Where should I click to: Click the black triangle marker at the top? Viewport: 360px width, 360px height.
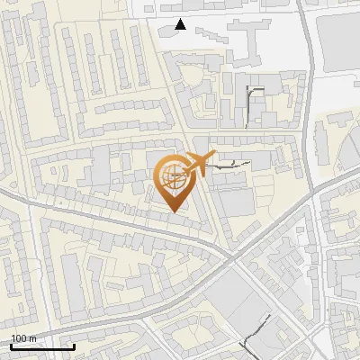click(x=181, y=24)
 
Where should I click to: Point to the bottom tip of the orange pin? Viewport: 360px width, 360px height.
click(x=173, y=211)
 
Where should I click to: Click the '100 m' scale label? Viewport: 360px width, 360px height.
click(x=24, y=338)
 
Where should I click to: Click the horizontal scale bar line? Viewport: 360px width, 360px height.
click(x=42, y=346)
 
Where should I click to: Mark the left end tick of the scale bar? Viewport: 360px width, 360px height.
click(x=11, y=345)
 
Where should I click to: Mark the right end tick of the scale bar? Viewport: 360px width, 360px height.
click(x=74, y=345)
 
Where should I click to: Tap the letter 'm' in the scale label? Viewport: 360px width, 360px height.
click(x=33, y=338)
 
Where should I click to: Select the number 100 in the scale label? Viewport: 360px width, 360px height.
click(x=19, y=338)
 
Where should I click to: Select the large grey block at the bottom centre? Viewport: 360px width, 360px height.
click(x=229, y=306)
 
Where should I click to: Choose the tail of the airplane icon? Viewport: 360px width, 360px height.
click(x=184, y=171)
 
